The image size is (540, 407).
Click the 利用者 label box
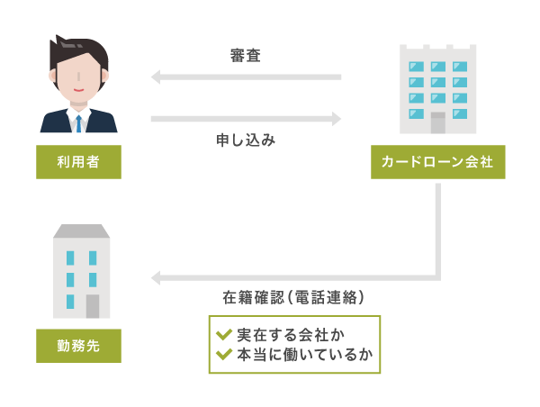(78, 162)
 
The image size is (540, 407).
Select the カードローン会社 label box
(437, 162)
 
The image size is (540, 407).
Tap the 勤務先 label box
(78, 346)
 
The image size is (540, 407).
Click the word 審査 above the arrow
(245, 56)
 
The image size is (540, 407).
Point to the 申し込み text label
(245, 140)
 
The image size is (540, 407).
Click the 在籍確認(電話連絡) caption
(293, 297)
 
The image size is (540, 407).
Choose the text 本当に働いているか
(303, 354)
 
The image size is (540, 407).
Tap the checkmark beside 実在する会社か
(223, 334)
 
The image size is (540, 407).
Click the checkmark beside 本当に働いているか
(223, 354)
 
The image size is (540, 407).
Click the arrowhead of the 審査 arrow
(155, 77)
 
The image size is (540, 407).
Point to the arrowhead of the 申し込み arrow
(337, 118)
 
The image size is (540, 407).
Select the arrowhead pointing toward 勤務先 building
(155, 277)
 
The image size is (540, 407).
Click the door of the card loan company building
(437, 122)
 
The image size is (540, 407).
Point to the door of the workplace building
(93, 306)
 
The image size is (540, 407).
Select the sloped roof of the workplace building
(81, 231)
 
